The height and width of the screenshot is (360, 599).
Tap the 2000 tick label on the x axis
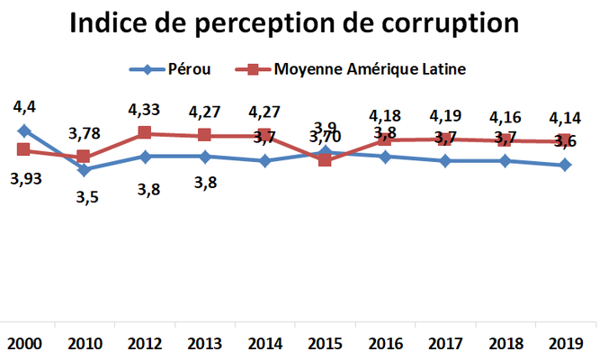tap(22, 344)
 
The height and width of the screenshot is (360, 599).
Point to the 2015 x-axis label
tap(325, 344)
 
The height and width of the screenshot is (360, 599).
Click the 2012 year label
tap(144, 344)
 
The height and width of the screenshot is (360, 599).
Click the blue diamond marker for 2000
tap(23, 130)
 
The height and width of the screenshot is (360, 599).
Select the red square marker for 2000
tap(23, 150)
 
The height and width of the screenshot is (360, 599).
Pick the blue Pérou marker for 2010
tap(84, 169)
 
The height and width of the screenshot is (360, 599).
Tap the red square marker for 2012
tap(144, 133)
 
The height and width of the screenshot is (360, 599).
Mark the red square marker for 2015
tap(325, 160)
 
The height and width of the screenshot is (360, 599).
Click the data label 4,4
tap(24, 108)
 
